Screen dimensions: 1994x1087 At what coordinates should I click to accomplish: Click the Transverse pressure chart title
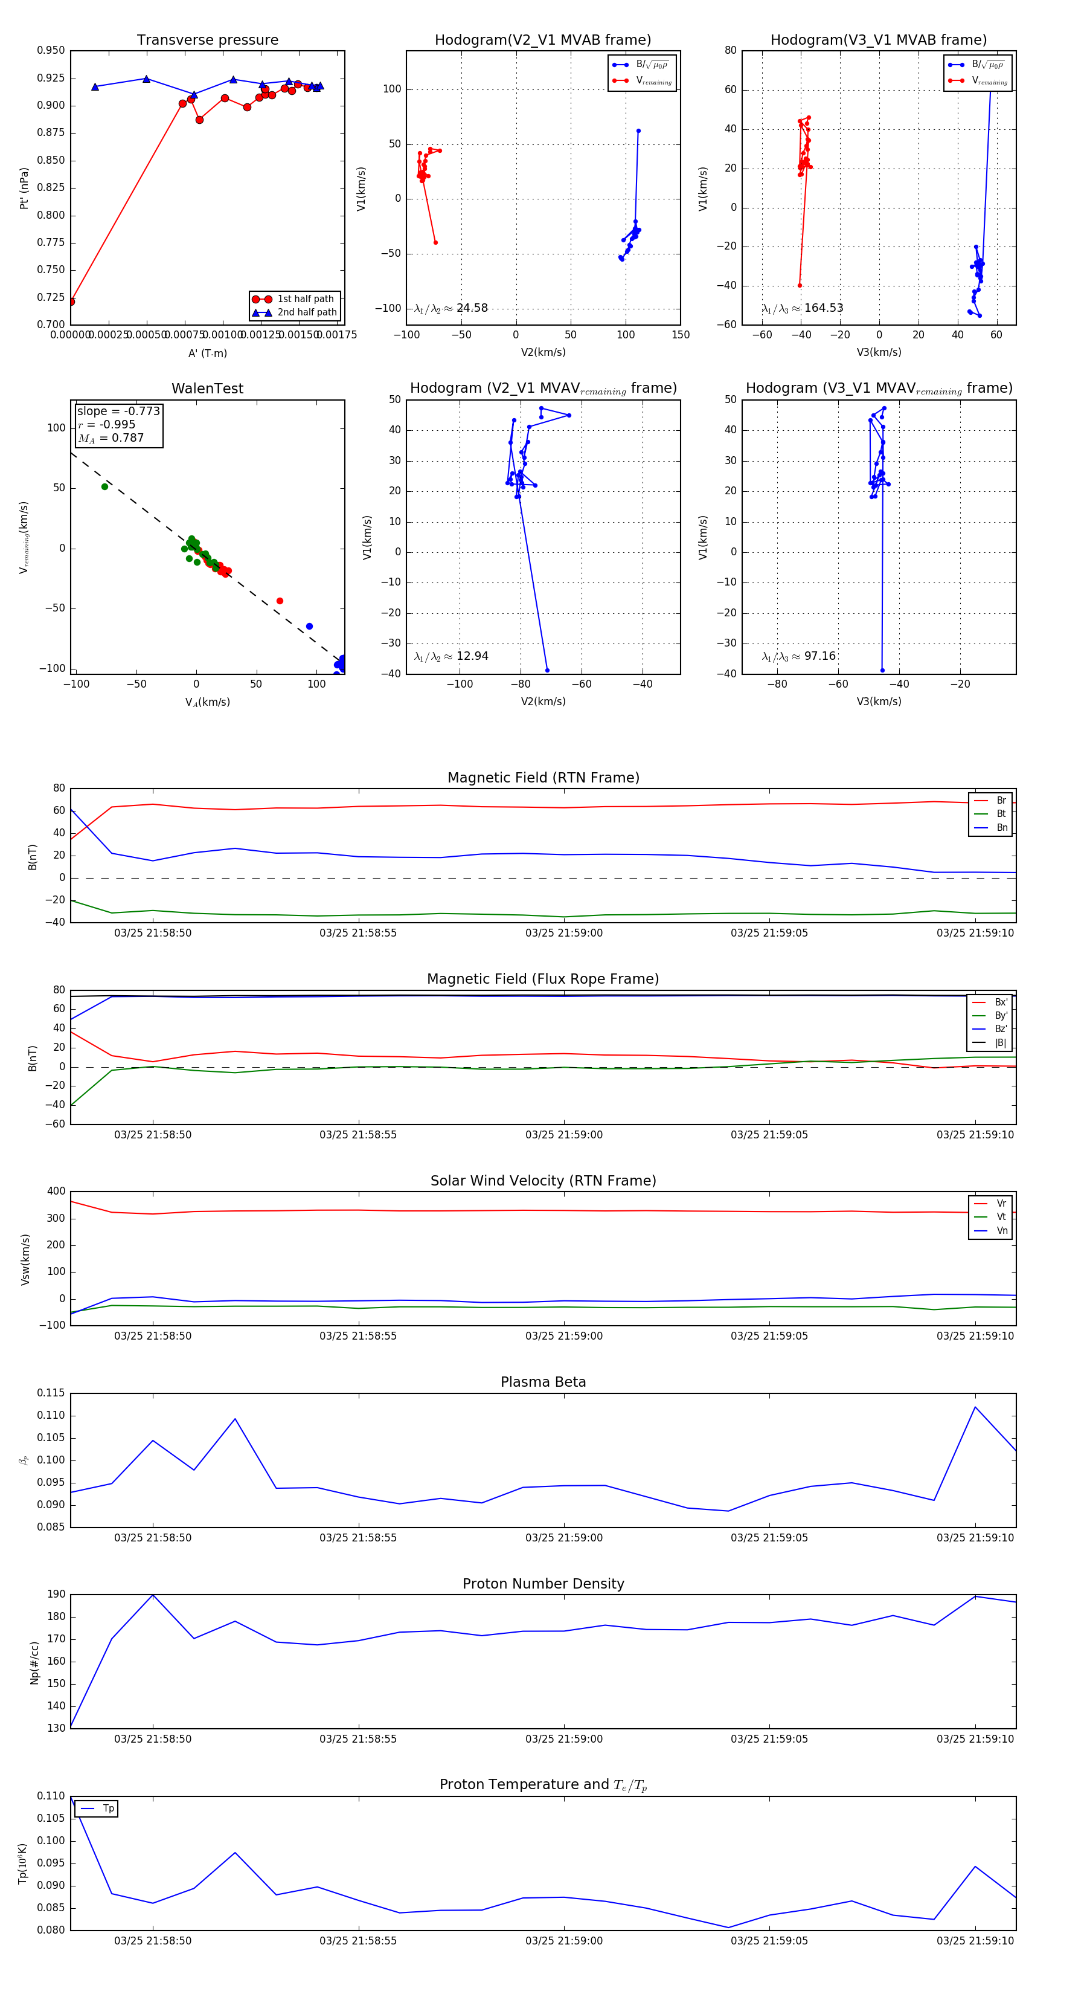tap(207, 40)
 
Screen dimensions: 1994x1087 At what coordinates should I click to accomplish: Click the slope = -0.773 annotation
tap(118, 411)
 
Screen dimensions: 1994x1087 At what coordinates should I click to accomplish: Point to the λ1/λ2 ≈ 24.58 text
tap(451, 308)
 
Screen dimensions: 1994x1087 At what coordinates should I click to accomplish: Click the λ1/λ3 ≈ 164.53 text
tap(803, 308)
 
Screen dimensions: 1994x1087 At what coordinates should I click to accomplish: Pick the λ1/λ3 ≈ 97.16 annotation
tap(799, 656)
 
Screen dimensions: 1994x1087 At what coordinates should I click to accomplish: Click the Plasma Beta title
tap(543, 1382)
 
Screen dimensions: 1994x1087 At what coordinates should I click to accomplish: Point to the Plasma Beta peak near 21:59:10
tap(975, 1407)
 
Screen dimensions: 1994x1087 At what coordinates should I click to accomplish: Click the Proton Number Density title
tap(543, 1584)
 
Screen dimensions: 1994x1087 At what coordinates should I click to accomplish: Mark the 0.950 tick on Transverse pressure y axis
tap(51, 50)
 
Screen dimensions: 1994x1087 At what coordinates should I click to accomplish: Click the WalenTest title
tap(207, 389)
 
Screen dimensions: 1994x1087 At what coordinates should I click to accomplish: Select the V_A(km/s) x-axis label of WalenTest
tap(207, 702)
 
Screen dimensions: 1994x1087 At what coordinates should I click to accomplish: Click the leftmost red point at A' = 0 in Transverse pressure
tap(71, 302)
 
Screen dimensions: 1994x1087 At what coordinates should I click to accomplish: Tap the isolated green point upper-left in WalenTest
tap(104, 486)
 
